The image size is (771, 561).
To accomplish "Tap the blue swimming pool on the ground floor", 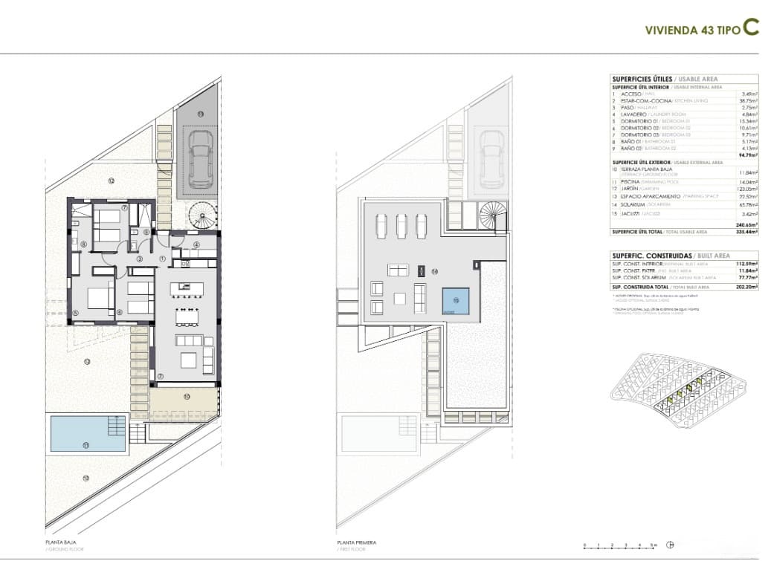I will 86,433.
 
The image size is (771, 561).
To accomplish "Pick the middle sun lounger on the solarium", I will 402,224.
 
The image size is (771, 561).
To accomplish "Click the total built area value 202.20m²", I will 745,287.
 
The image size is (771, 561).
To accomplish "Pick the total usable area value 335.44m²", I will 745,232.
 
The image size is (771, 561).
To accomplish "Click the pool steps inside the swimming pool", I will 116,426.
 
